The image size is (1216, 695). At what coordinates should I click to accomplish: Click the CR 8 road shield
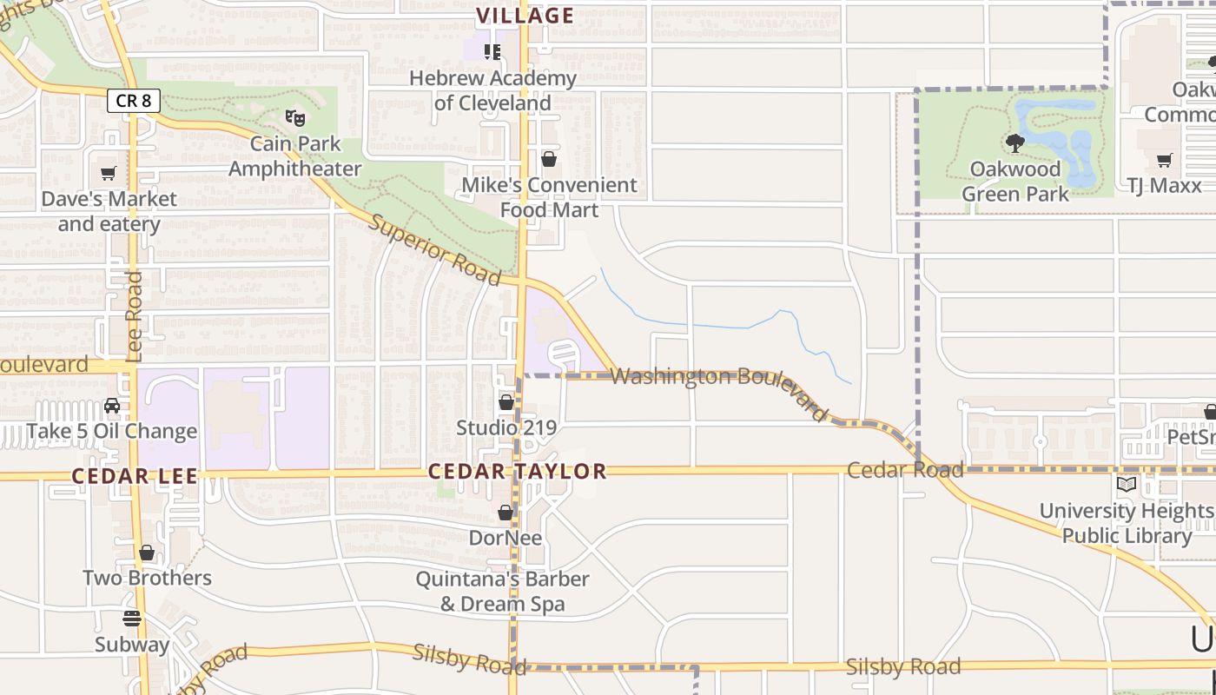[133, 101]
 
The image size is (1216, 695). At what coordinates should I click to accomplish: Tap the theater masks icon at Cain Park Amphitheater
[295, 116]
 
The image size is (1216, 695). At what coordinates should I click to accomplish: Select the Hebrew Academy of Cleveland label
[492, 90]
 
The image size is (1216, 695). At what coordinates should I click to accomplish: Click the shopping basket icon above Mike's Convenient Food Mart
[549, 159]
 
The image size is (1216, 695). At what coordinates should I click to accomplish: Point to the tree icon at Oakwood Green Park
[1014, 142]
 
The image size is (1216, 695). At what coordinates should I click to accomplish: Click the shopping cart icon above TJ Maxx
[1164, 160]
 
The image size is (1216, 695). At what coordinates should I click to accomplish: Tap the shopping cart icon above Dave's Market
[109, 173]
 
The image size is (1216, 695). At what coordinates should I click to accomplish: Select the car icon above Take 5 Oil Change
[112, 406]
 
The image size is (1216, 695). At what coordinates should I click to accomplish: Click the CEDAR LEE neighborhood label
[135, 476]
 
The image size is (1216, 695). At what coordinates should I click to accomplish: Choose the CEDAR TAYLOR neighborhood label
[517, 472]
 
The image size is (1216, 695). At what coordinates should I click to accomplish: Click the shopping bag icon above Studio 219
[506, 402]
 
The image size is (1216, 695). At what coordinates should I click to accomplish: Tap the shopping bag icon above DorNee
[506, 513]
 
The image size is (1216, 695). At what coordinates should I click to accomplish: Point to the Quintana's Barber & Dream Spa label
[502, 591]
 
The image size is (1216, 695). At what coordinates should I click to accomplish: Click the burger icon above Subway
[132, 619]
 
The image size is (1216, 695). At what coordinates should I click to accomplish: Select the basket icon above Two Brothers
[147, 553]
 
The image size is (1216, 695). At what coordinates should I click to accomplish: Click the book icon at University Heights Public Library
[1127, 485]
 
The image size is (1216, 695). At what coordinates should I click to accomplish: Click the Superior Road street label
[435, 249]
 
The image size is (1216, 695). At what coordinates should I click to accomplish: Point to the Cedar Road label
[905, 470]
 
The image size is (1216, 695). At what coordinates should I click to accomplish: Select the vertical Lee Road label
[134, 316]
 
